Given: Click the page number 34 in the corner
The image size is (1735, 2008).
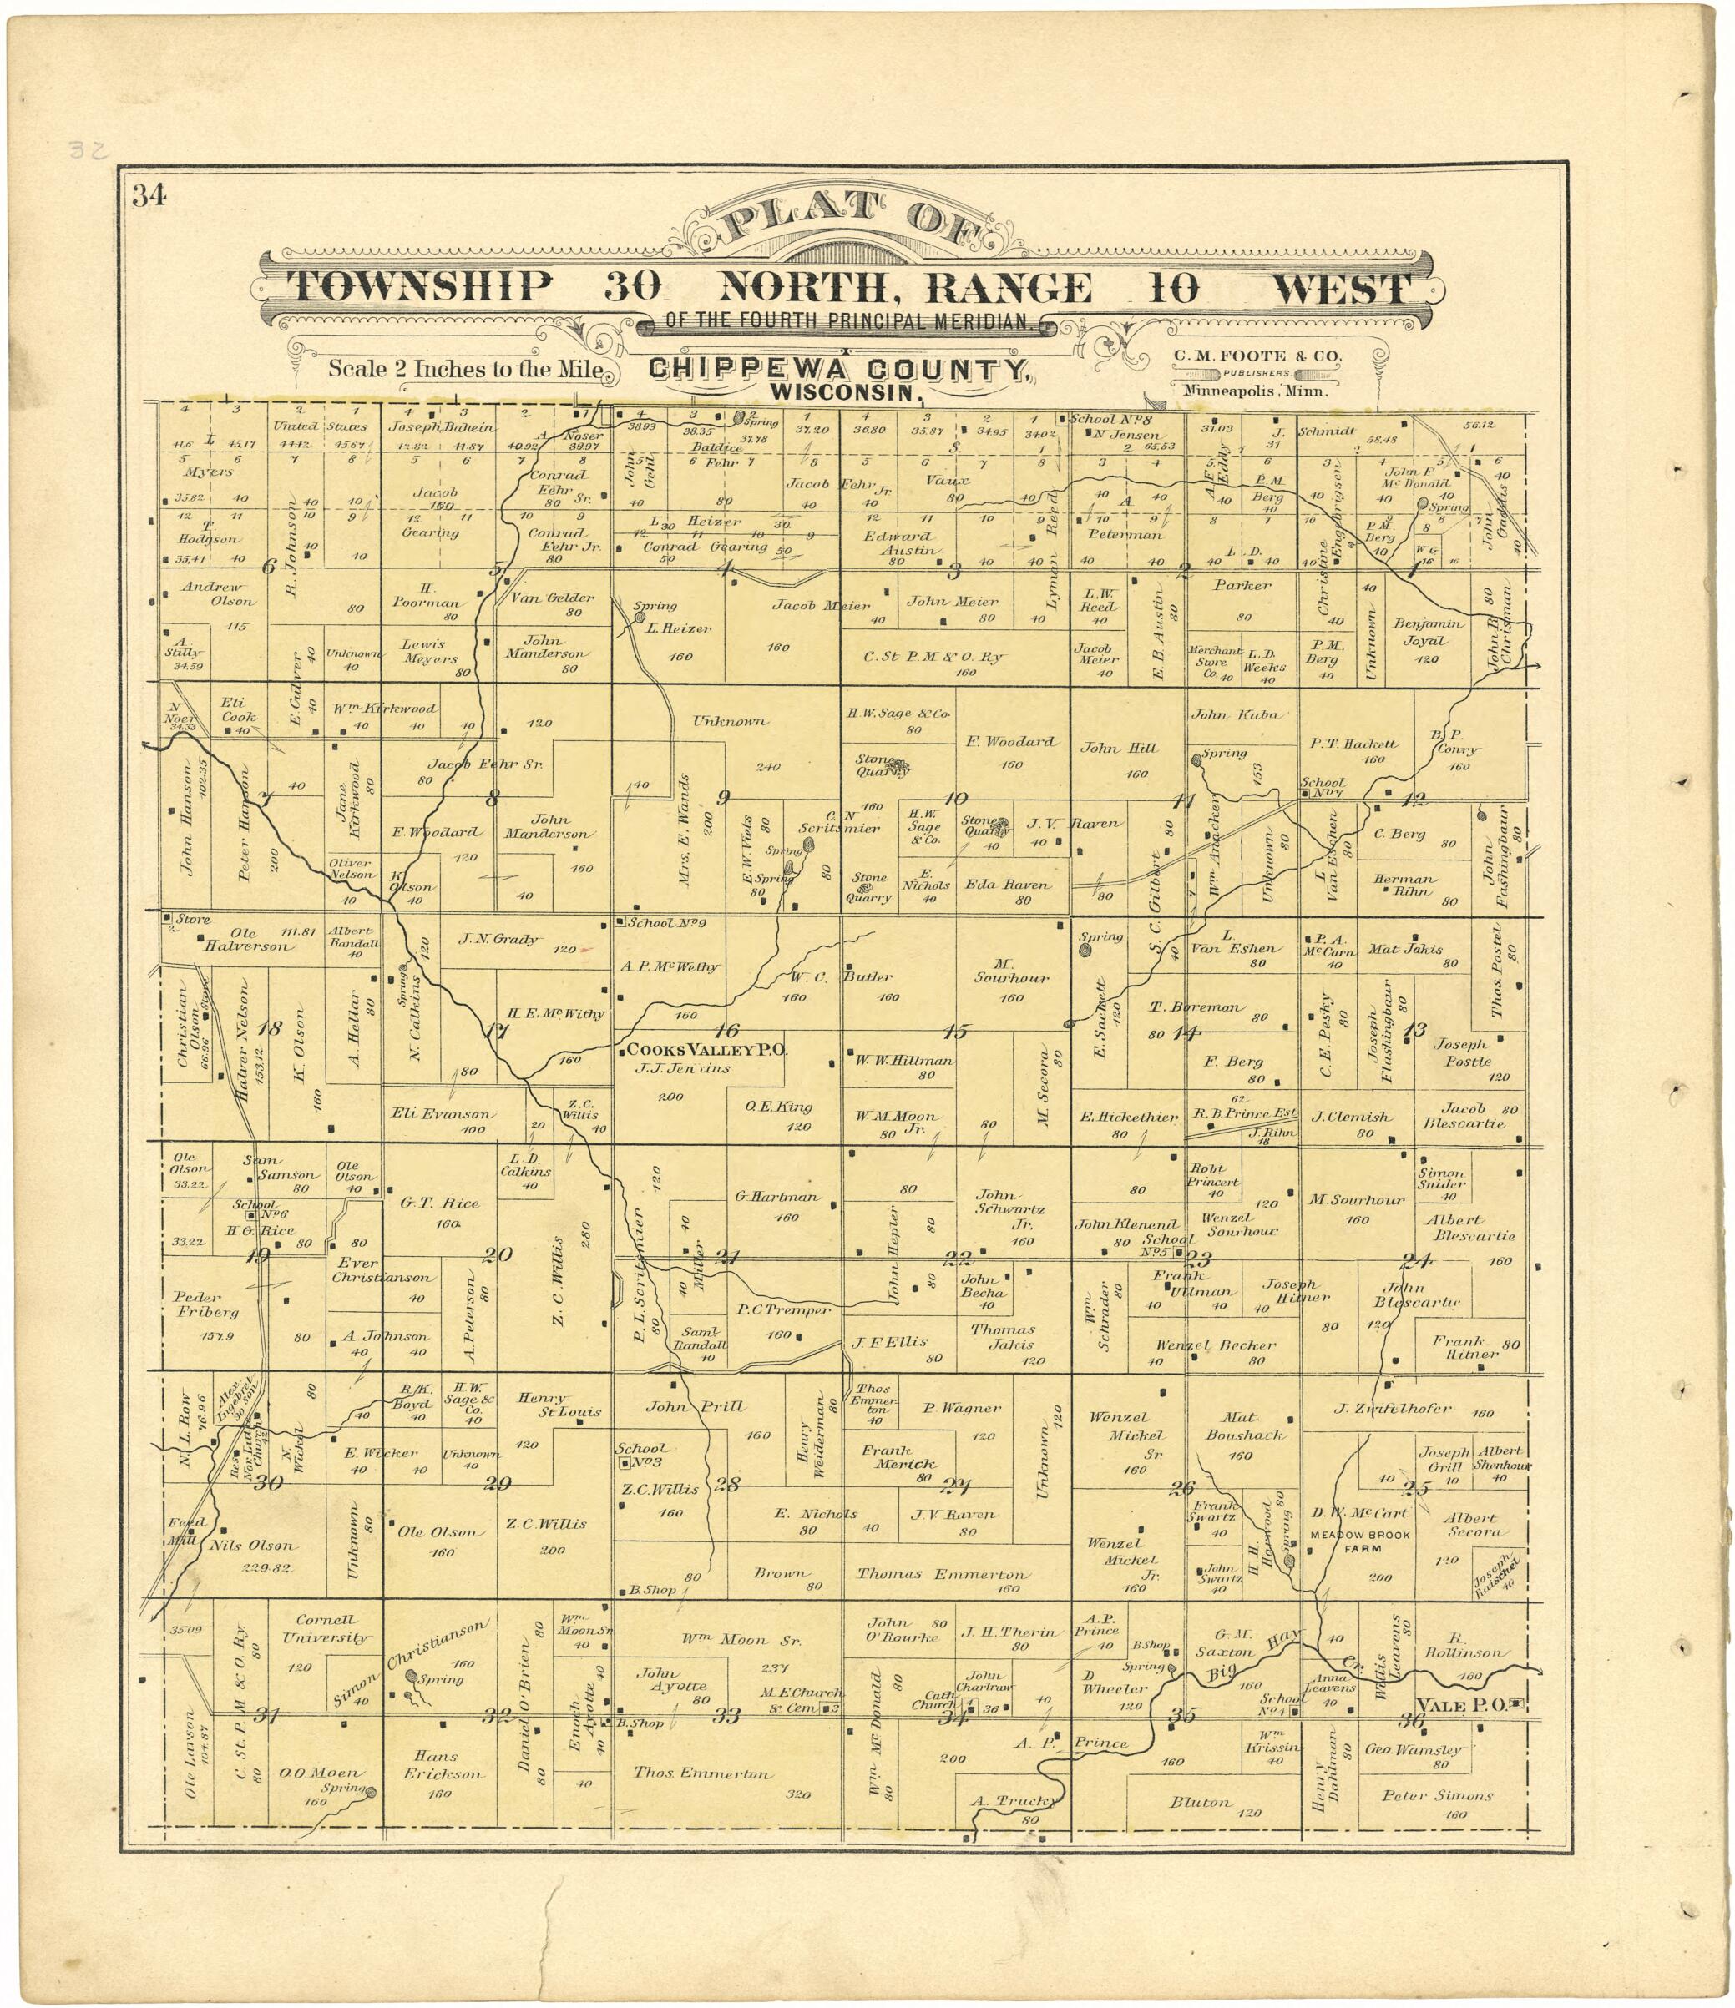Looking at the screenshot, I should point(149,196).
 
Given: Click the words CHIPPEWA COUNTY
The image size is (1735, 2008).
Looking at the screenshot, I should point(837,369).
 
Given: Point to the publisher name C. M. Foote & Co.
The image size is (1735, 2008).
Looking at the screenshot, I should point(1258,356).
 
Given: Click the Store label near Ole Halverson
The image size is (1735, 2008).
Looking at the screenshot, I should point(192,918).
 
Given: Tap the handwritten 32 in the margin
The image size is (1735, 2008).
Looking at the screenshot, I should point(89,150).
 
